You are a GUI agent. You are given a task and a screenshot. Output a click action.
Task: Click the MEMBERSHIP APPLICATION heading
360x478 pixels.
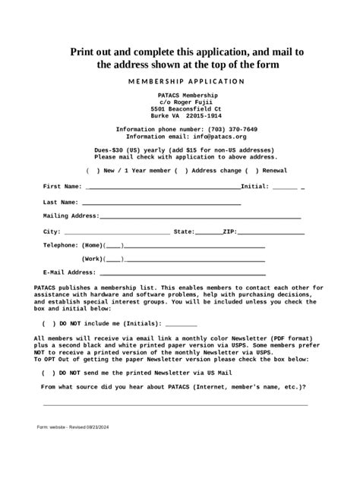coord(186,81)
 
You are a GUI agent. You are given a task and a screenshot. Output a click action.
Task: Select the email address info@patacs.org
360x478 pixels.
coord(219,137)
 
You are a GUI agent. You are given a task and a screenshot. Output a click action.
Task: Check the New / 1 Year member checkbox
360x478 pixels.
coord(92,171)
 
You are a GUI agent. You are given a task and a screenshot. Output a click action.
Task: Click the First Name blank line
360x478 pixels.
coord(163,187)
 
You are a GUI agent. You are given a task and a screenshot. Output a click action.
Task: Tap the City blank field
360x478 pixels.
coord(117,232)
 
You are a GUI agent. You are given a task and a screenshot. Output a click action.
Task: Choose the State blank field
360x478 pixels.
coord(208,232)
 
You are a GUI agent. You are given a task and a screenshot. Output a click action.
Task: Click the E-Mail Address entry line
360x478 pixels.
coord(182,273)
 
